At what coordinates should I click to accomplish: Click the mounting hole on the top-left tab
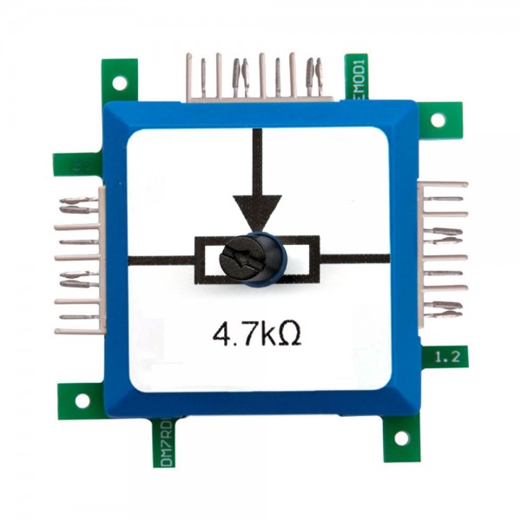[120, 82]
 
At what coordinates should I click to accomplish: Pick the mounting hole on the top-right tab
[437, 119]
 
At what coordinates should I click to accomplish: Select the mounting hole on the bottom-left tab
[82, 400]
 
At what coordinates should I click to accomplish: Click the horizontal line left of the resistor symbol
[161, 259]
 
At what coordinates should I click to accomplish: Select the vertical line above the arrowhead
[256, 161]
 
